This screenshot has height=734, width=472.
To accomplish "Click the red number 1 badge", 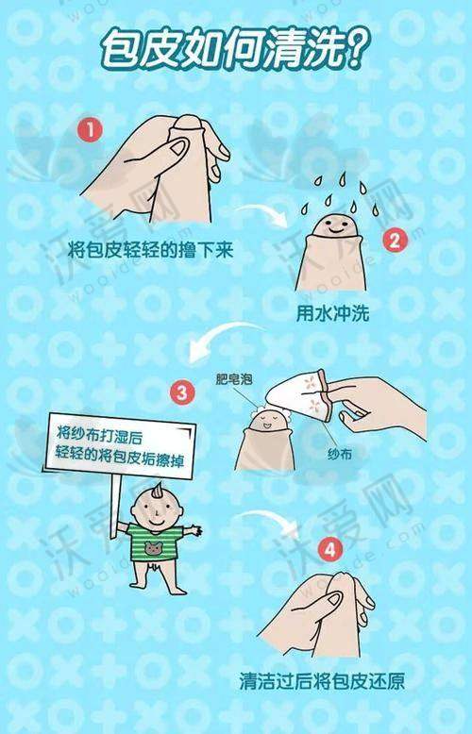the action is click(x=90, y=129).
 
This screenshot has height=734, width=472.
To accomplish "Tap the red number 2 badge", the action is click(x=396, y=241).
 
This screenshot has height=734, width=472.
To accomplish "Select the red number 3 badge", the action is click(x=181, y=392).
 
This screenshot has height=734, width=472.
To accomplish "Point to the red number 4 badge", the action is click(x=330, y=550).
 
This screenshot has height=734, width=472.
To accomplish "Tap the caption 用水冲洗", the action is click(x=332, y=313).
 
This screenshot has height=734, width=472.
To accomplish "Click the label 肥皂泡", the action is click(x=234, y=378).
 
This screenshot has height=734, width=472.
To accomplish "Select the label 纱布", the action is click(x=340, y=453).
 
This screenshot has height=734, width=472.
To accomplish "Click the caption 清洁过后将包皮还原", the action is click(x=322, y=680).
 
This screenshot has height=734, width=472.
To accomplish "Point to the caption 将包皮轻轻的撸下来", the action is click(x=151, y=250).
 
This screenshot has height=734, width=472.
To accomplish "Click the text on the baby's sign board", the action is click(x=120, y=446).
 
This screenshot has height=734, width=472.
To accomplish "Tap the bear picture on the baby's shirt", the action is click(x=153, y=548).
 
